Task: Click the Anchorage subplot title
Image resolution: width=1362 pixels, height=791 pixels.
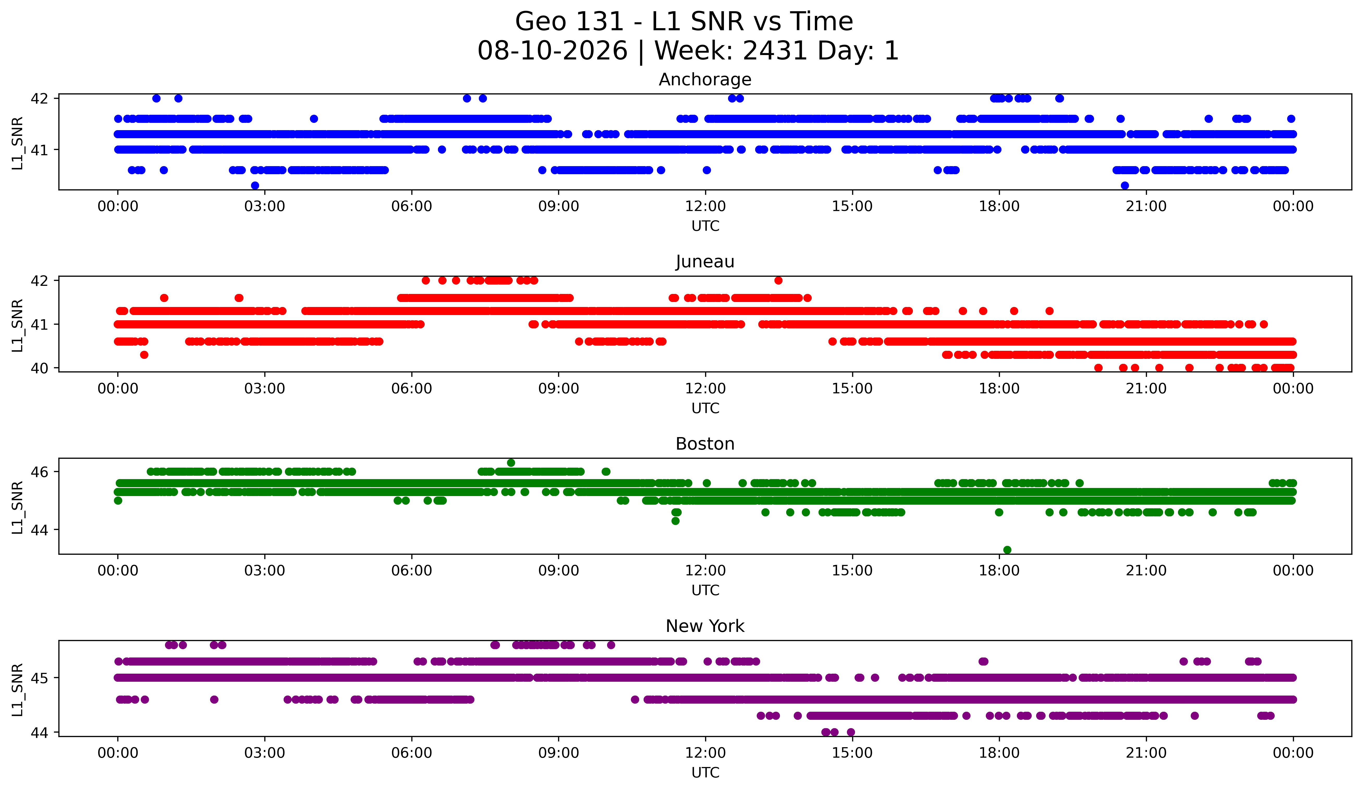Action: [x=705, y=80]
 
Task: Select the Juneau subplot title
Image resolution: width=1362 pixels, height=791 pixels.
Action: [x=705, y=262]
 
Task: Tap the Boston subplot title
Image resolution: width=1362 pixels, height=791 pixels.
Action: [x=705, y=444]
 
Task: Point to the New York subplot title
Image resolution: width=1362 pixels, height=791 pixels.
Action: [x=705, y=626]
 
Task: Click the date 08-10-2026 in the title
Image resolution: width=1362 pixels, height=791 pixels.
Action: [x=552, y=51]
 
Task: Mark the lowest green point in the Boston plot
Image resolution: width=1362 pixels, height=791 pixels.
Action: [x=1007, y=550]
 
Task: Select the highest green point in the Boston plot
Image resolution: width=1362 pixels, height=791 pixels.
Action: [x=511, y=463]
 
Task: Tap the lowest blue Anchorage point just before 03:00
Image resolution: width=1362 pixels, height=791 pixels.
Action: [x=255, y=185]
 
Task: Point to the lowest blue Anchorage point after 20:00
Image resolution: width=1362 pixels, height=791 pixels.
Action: [x=1125, y=185]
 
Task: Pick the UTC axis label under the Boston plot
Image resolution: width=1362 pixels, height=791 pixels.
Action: [x=705, y=590]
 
